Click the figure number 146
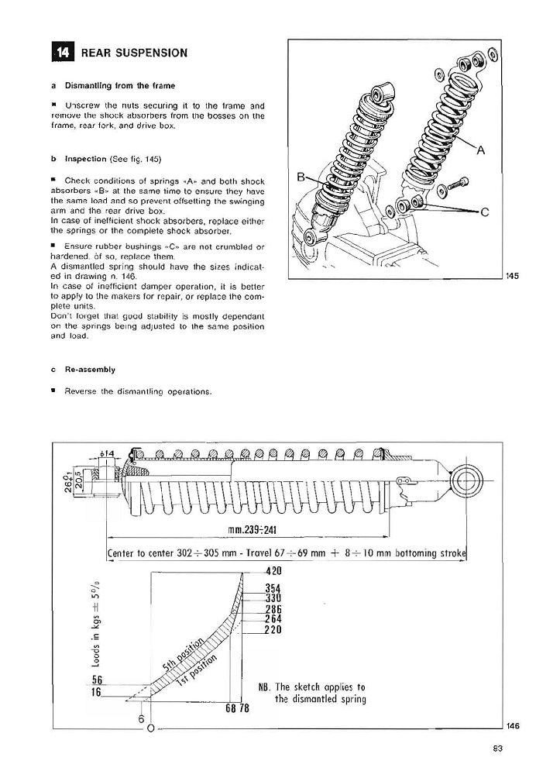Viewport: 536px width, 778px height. click(x=512, y=725)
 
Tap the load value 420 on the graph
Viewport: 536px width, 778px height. click(x=273, y=571)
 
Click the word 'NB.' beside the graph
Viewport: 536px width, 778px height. click(x=264, y=687)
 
